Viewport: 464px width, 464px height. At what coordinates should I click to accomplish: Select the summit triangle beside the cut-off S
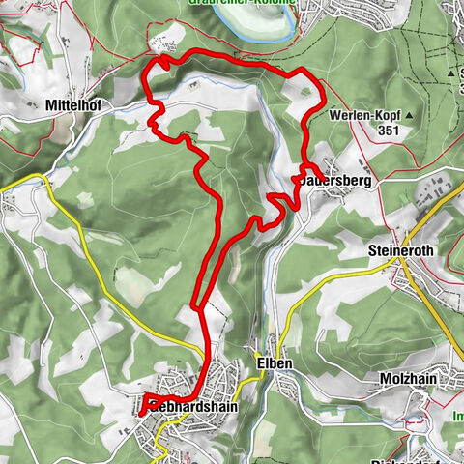tap(450, 72)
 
